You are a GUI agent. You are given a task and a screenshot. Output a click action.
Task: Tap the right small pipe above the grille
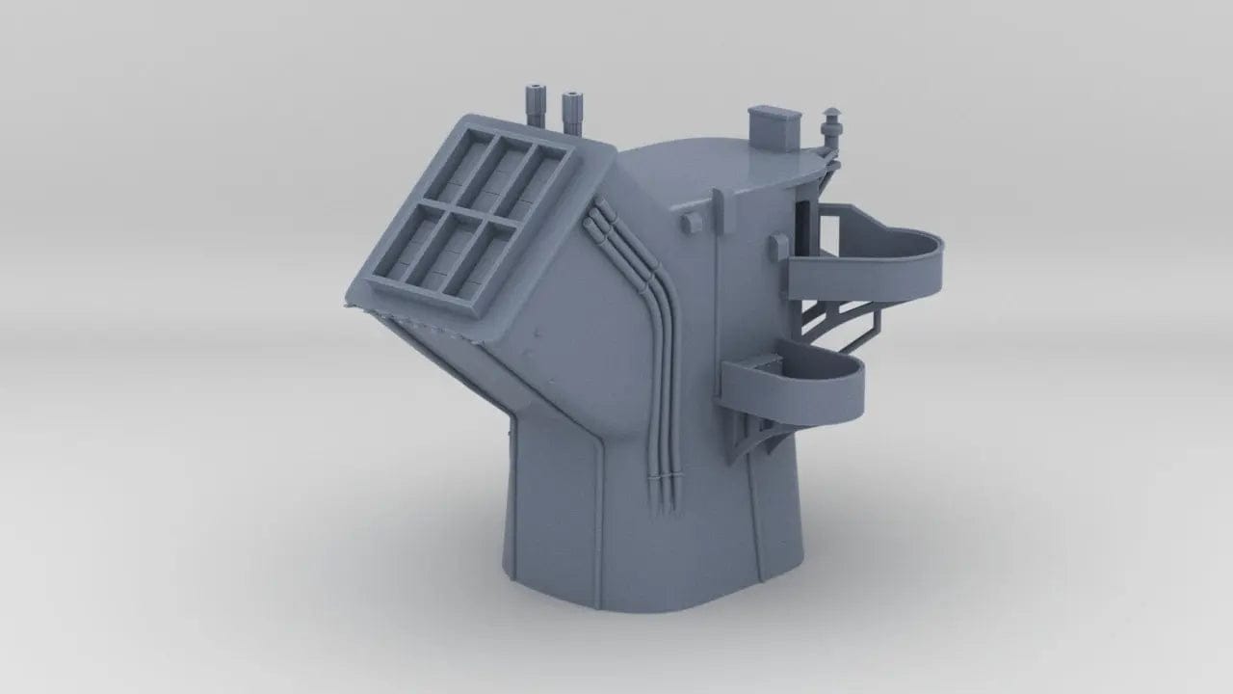572,111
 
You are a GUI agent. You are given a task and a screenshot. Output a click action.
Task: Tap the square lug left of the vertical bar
690,222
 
